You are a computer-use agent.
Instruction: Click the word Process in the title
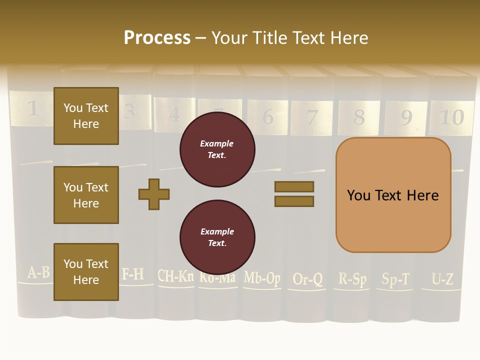(x=157, y=38)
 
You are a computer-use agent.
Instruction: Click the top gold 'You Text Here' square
(x=86, y=116)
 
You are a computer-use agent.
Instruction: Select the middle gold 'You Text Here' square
(x=86, y=195)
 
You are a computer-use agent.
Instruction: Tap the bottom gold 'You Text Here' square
(x=86, y=272)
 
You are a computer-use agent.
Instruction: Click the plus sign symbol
(x=154, y=194)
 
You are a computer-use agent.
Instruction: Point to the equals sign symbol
(x=294, y=194)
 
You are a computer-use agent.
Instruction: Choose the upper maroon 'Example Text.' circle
(x=217, y=149)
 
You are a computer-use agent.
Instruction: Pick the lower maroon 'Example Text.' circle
(x=217, y=237)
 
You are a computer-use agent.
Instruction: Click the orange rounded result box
(x=393, y=195)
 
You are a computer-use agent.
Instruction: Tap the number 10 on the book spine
(x=451, y=117)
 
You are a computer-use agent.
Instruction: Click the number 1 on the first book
(x=32, y=108)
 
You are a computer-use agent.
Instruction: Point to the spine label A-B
(x=38, y=272)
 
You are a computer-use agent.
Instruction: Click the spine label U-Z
(x=442, y=279)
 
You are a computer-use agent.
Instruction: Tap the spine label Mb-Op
(x=262, y=278)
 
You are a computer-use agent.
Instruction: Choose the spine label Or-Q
(x=307, y=279)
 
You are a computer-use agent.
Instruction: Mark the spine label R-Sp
(x=352, y=278)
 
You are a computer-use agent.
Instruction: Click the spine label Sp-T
(x=395, y=279)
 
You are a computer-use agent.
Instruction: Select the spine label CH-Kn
(x=175, y=275)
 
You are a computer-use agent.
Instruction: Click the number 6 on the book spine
(x=268, y=117)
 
